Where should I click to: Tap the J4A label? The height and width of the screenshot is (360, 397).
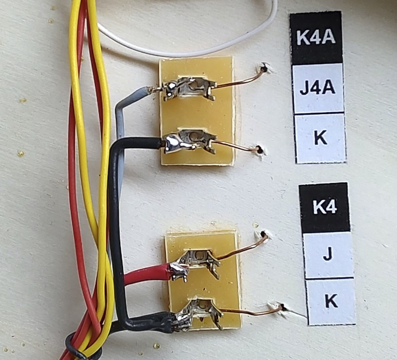tap(318, 88)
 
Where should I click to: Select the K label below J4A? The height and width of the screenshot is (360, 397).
tap(320, 138)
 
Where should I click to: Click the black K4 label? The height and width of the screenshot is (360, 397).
tap(324, 208)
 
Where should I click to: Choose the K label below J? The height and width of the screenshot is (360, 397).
tap(331, 302)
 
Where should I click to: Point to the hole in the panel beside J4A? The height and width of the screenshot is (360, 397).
tap(264, 68)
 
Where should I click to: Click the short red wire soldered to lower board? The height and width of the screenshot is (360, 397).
tap(146, 275)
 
